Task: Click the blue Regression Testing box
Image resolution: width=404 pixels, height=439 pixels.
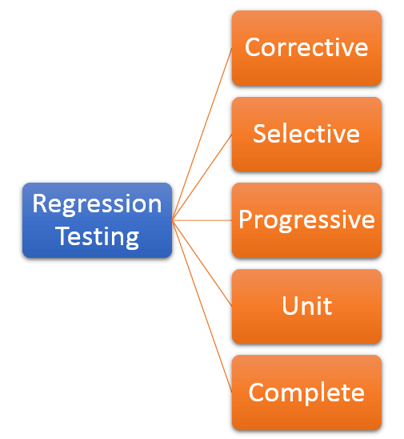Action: pyautogui.click(x=97, y=220)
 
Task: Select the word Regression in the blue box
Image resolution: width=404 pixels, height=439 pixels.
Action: pyautogui.click(x=97, y=204)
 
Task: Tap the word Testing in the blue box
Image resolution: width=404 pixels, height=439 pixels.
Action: pyautogui.click(x=97, y=236)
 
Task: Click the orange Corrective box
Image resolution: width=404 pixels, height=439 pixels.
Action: pyautogui.click(x=306, y=48)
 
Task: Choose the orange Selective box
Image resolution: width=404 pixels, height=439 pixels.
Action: pyautogui.click(x=306, y=134)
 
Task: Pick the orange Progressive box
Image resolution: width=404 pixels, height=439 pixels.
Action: pyautogui.click(x=306, y=219)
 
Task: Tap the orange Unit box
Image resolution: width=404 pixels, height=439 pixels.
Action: pyautogui.click(x=306, y=306)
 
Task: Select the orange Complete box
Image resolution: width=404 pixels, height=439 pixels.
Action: pyautogui.click(x=306, y=393)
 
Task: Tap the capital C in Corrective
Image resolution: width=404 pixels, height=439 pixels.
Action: pyautogui.click(x=254, y=48)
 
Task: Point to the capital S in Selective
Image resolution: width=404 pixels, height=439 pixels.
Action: pyautogui.click(x=260, y=134)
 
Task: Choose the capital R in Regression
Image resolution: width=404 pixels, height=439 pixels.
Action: pyautogui.click(x=40, y=204)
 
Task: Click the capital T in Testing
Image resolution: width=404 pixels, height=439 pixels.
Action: pyautogui.click(x=60, y=236)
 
